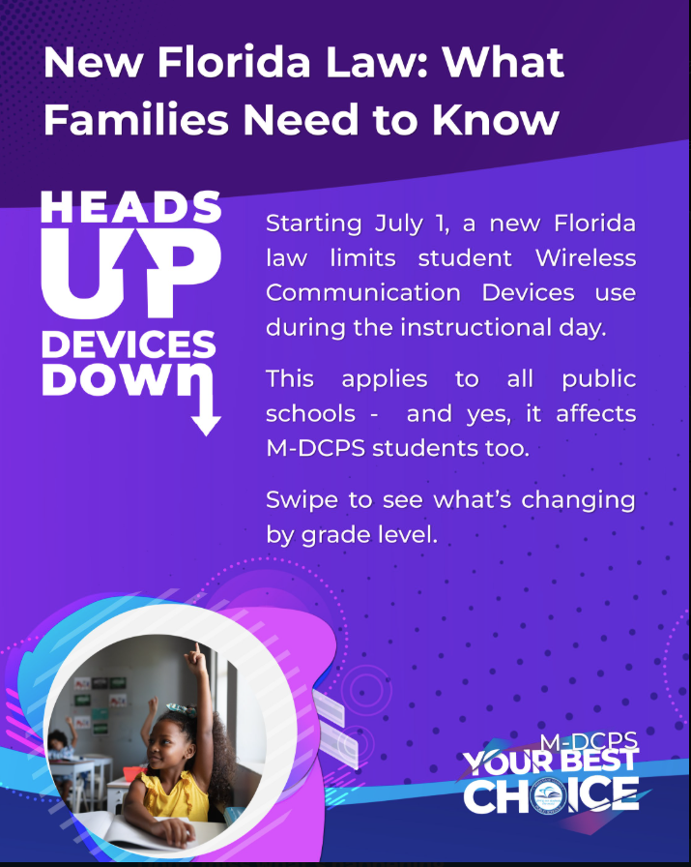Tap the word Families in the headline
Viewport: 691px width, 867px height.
coord(136,119)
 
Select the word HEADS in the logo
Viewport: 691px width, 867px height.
coord(130,207)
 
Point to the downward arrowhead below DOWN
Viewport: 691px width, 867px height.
coord(206,425)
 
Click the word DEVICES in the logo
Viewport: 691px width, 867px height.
coord(130,344)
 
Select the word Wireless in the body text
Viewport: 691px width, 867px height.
coord(586,258)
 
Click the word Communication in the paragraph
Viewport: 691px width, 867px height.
coord(363,292)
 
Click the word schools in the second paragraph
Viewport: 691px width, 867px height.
coord(310,413)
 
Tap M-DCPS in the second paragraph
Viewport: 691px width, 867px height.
coord(316,448)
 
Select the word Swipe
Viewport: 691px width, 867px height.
coord(302,501)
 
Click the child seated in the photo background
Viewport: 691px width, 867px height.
coord(61,746)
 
